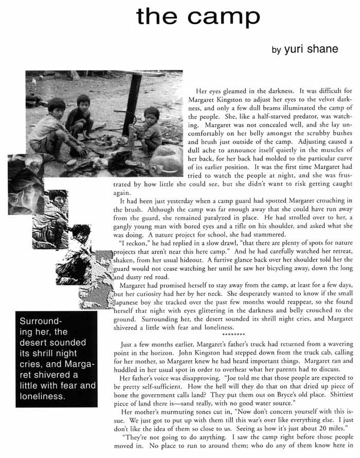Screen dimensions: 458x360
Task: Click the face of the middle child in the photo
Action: (x=83, y=101)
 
